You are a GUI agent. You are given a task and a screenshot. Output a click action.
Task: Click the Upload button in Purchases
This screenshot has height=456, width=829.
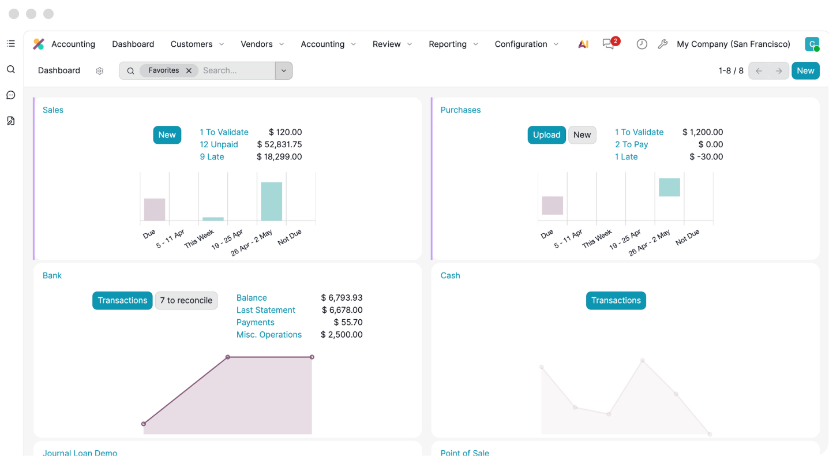(546, 135)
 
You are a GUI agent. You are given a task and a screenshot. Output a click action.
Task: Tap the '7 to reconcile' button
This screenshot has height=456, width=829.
(186, 300)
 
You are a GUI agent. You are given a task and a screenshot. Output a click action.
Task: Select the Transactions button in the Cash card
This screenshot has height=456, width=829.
(616, 300)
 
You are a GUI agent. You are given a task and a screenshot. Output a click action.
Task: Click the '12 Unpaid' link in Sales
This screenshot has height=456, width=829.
(219, 144)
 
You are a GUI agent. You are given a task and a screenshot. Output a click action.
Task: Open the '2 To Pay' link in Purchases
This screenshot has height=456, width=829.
(631, 144)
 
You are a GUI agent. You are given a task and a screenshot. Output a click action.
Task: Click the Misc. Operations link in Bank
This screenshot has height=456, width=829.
(269, 335)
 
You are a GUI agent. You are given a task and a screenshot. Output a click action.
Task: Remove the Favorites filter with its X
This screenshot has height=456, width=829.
(189, 71)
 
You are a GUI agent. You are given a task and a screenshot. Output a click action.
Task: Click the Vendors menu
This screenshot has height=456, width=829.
(262, 44)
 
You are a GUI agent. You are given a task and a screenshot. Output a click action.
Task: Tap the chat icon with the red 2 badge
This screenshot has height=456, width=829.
(608, 44)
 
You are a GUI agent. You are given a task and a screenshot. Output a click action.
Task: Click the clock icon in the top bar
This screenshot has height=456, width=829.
(642, 44)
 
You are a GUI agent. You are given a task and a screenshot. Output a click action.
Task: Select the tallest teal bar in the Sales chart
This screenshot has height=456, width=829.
(271, 201)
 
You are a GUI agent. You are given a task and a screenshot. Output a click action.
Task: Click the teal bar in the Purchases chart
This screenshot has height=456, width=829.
(669, 187)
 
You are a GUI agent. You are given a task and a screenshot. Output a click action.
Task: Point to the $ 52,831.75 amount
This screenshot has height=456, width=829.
(279, 144)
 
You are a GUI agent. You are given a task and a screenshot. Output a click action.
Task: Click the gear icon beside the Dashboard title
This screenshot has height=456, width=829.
(100, 71)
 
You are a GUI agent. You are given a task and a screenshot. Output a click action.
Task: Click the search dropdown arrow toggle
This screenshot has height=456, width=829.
(284, 71)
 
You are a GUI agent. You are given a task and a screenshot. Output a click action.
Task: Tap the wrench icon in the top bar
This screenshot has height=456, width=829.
(662, 44)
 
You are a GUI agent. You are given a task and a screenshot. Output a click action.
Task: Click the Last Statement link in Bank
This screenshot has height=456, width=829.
(266, 310)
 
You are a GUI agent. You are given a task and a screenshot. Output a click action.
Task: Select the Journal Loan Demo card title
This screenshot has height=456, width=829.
(80, 453)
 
